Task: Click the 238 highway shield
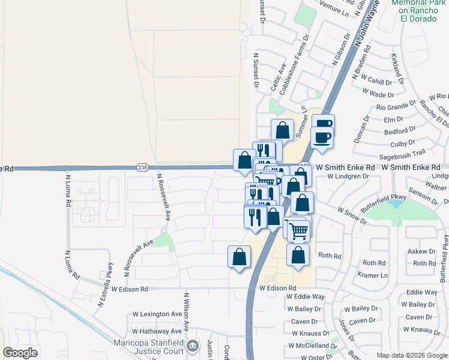142,167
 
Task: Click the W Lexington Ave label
157,314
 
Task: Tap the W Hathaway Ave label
157,331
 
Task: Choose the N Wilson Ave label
187,313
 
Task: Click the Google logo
20,353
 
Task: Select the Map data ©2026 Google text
412,355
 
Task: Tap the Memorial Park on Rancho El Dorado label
418,10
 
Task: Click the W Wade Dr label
378,94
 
